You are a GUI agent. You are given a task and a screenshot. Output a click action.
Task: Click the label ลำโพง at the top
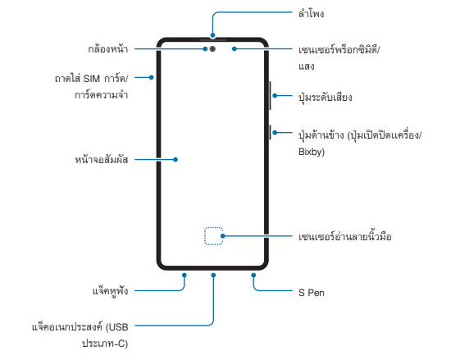(x=312, y=13)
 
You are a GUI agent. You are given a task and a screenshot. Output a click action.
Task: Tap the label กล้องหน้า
(x=108, y=49)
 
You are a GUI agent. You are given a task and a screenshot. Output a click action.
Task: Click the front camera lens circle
(x=212, y=49)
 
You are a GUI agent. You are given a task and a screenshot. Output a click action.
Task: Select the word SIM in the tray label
(x=92, y=79)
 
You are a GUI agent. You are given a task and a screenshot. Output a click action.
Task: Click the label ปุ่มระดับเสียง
(x=325, y=98)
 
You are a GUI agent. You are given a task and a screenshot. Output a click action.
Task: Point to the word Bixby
(x=312, y=152)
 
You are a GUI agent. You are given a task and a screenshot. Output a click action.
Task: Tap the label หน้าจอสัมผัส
(x=101, y=160)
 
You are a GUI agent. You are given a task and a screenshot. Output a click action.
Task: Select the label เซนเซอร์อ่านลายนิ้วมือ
(x=345, y=236)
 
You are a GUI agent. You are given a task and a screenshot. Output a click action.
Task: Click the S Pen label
(x=312, y=293)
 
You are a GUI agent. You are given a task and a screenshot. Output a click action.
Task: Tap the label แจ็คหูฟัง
(x=110, y=290)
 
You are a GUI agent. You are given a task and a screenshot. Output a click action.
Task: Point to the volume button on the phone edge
(x=270, y=95)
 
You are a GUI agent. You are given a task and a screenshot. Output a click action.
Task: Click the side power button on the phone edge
(x=270, y=132)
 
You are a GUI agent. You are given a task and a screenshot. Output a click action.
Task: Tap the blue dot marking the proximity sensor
(x=235, y=49)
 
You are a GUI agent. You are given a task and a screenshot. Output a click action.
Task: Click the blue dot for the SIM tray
(x=152, y=77)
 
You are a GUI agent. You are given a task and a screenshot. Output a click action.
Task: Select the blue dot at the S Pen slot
(x=253, y=276)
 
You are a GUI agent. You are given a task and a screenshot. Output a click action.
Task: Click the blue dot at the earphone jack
(x=184, y=276)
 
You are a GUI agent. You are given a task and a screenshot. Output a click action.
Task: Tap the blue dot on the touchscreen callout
(x=175, y=160)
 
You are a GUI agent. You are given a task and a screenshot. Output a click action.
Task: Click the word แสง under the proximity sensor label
(x=307, y=66)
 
